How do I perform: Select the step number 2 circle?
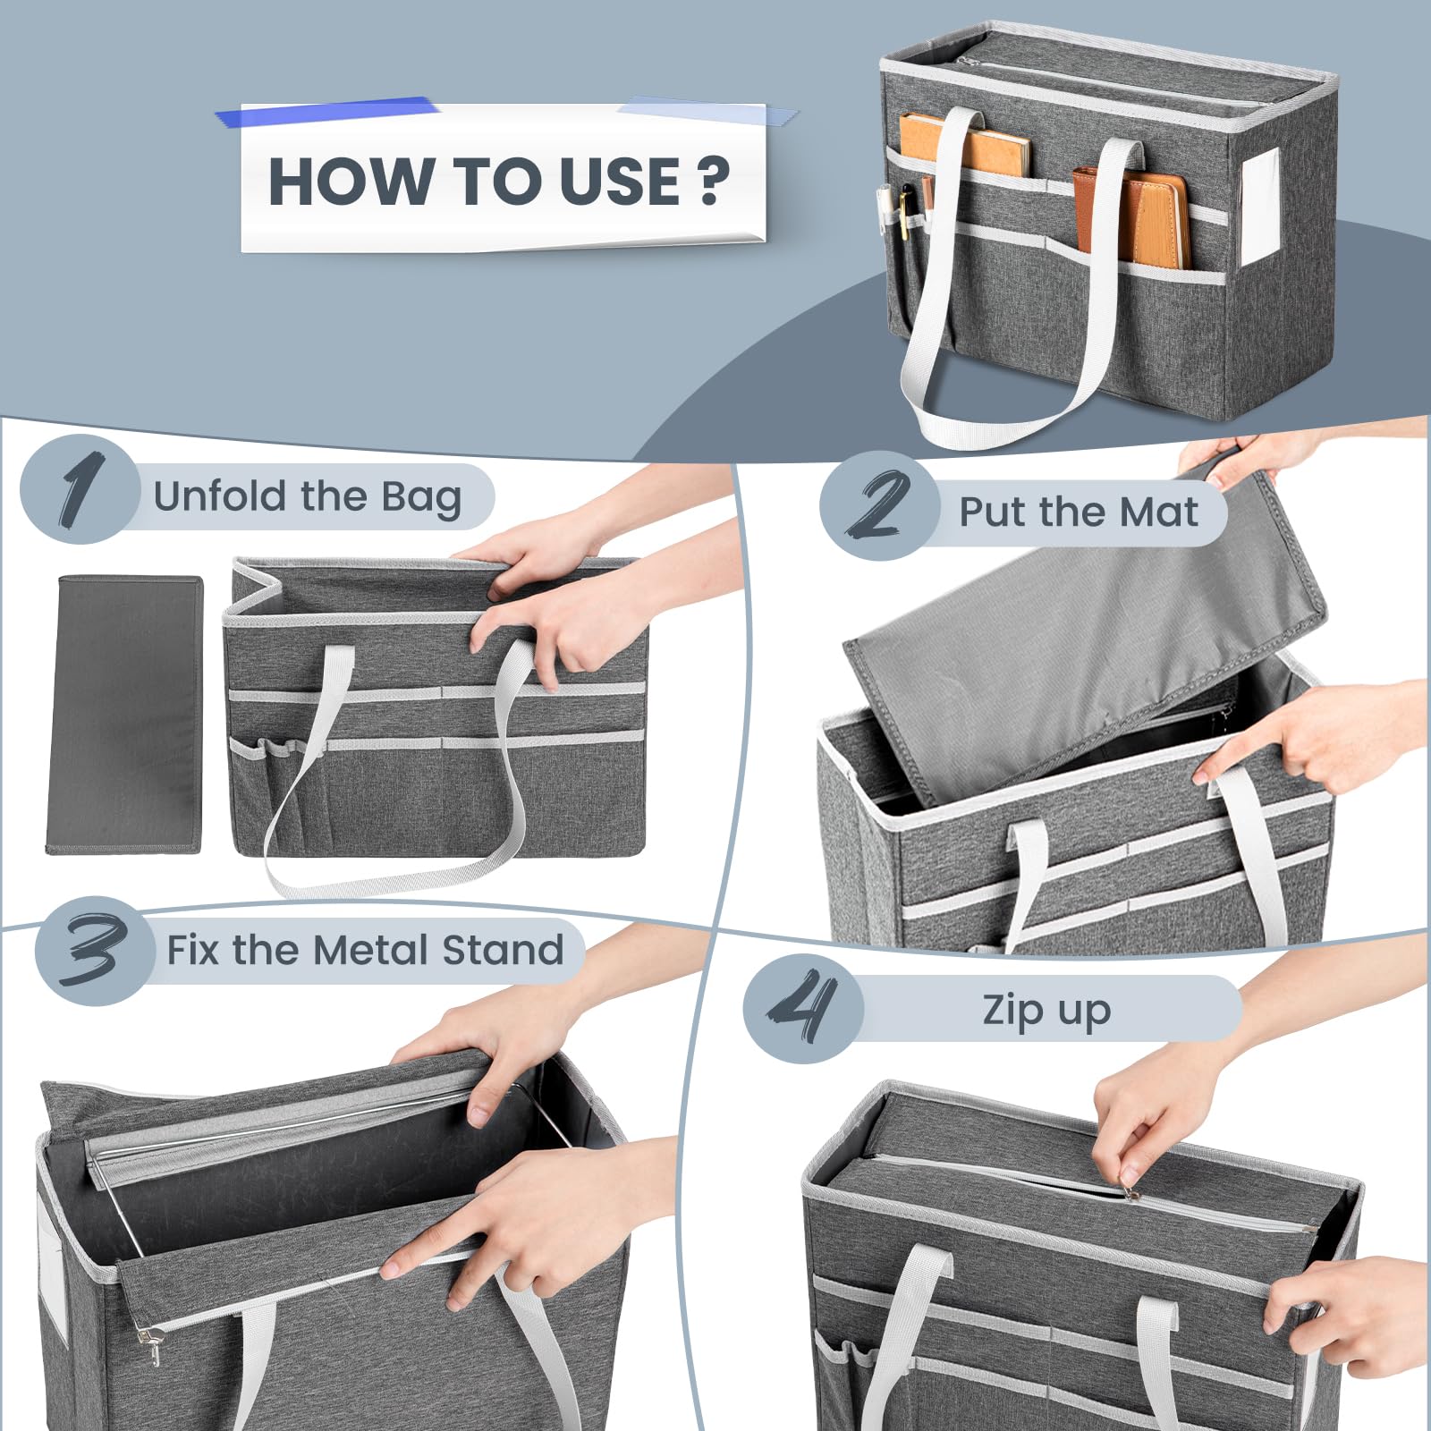click(879, 506)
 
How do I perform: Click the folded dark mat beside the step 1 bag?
click(124, 714)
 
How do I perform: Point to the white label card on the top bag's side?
click(1260, 207)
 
